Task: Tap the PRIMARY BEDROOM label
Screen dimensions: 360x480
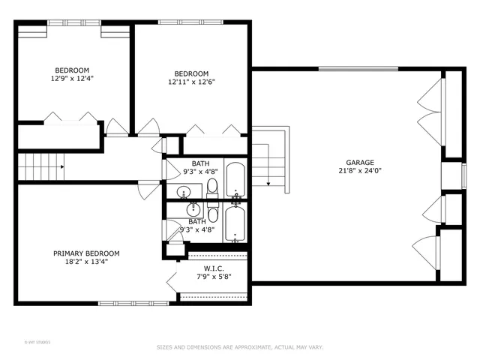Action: pyautogui.click(x=85, y=253)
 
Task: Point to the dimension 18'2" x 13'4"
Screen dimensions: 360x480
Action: pyautogui.click(x=85, y=262)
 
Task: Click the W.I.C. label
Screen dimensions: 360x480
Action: pyautogui.click(x=214, y=268)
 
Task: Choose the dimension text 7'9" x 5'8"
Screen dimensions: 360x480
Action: pyautogui.click(x=214, y=277)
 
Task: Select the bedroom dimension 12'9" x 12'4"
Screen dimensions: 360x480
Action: pyautogui.click(x=72, y=77)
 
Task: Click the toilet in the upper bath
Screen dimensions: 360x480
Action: pyautogui.click(x=212, y=186)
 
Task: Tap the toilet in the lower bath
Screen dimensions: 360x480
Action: pyautogui.click(x=212, y=208)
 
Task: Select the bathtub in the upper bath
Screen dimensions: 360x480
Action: pyautogui.click(x=235, y=178)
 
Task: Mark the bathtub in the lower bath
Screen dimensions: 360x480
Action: pyautogui.click(x=235, y=223)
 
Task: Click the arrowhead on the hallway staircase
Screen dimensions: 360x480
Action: pyautogui.click(x=61, y=166)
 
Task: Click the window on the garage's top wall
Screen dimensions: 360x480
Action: pyautogui.click(x=348, y=69)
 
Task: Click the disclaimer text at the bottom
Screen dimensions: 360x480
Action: pyautogui.click(x=239, y=347)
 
